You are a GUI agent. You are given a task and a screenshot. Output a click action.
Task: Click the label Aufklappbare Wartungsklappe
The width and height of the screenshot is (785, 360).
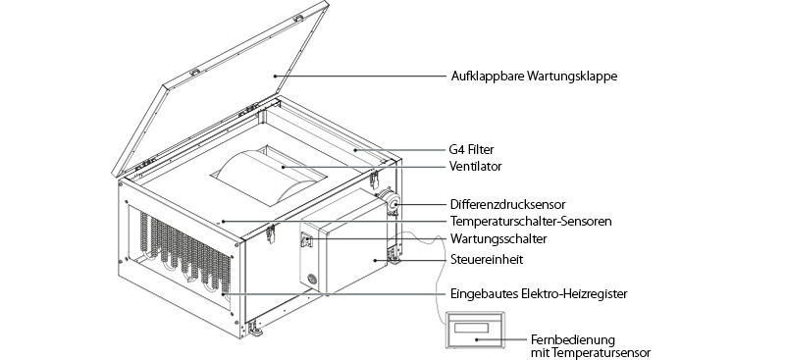point(534,77)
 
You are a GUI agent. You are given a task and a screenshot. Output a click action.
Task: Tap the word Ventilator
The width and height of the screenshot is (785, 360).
point(476,166)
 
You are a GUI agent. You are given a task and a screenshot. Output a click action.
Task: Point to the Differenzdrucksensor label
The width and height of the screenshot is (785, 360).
point(507,204)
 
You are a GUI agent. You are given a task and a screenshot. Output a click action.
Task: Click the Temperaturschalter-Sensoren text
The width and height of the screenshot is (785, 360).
point(531,221)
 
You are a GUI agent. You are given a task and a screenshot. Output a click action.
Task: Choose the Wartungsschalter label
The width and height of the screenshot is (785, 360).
point(498,238)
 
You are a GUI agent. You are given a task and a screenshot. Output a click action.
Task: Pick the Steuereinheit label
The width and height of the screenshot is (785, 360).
point(487,259)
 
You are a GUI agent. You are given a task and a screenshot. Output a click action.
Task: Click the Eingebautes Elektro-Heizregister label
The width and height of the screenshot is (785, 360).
point(539,293)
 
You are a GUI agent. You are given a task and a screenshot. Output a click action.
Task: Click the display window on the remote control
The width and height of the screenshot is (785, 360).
point(471,328)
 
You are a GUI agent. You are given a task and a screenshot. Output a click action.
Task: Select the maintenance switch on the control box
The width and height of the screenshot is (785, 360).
point(306,241)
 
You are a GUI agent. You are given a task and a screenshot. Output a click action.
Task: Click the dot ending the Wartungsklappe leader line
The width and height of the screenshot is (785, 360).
point(275,77)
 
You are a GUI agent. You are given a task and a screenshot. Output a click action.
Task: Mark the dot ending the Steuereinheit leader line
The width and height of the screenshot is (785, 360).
point(375,259)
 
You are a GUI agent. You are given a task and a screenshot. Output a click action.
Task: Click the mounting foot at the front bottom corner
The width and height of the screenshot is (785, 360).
point(254,329)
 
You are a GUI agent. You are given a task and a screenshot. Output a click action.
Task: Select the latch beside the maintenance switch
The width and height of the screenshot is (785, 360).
point(271,233)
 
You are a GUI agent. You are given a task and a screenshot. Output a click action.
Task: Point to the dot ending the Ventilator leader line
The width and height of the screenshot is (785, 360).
point(283,166)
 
